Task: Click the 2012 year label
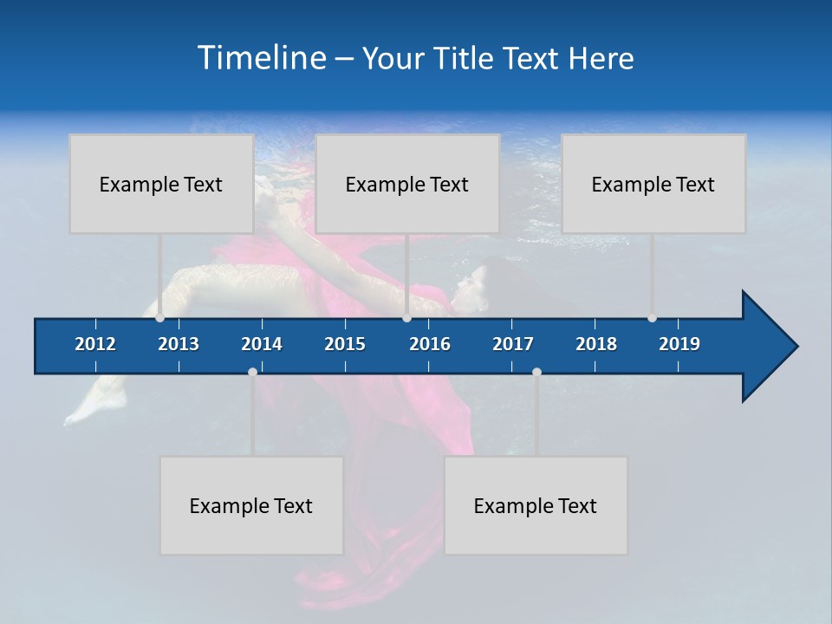point(95,344)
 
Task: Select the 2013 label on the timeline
point(179,344)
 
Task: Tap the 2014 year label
point(262,344)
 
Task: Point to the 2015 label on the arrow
point(345,344)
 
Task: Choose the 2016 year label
point(430,344)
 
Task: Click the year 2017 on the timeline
point(513,344)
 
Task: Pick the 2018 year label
point(596,344)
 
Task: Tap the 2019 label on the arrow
point(679,344)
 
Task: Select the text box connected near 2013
point(161,184)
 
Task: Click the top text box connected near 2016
point(407,184)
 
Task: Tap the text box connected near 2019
point(653,184)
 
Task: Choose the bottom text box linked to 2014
point(251,505)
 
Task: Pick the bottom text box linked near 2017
point(536,505)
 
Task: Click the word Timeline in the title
point(261,58)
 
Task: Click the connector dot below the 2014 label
point(252,372)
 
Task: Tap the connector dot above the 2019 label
point(652,318)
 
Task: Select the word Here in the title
point(601,59)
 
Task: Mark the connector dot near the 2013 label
point(159,318)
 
